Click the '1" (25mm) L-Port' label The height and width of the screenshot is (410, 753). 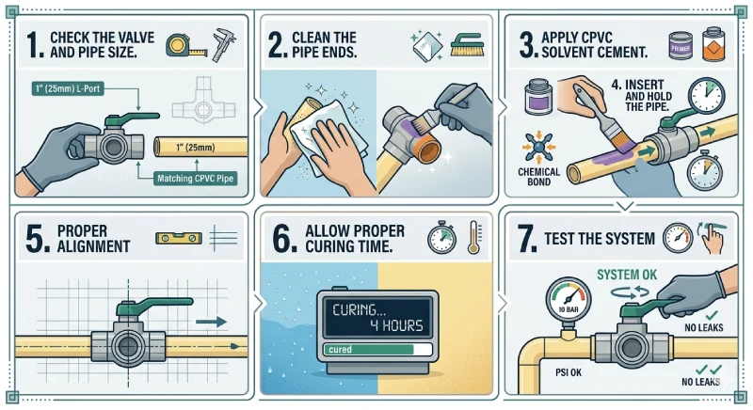pos(68,88)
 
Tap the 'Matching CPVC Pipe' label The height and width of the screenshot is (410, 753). pos(195,179)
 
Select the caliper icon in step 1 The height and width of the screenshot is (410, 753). pos(224,44)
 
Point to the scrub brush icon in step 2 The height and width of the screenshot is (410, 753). pos(466,44)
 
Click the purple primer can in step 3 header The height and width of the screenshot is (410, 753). pos(681,45)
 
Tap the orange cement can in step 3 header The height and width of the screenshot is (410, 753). pos(713,44)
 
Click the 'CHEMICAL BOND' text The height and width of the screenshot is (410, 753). pos(538,177)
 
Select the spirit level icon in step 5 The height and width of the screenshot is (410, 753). pos(179,238)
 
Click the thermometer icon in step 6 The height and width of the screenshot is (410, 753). pos(474,237)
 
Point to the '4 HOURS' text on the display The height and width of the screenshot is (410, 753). pos(396,326)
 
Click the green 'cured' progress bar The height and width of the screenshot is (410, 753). pos(369,350)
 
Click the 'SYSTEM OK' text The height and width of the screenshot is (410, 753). pos(627,275)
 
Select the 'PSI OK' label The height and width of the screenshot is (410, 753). pos(569,372)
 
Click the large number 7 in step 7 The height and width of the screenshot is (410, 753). pos(527,238)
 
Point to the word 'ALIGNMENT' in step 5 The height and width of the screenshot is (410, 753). pos(93,246)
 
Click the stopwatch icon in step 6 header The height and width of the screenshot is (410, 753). pos(441,237)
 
